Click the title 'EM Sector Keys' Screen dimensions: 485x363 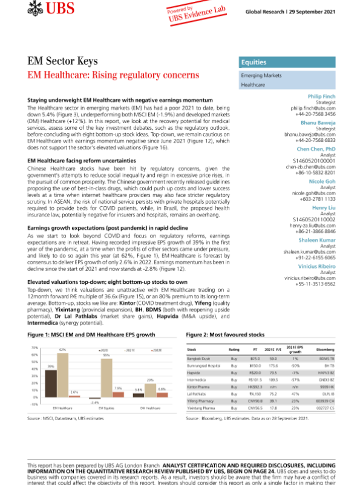coord(63,62)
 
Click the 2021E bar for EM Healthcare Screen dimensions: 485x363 coord(62,372)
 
